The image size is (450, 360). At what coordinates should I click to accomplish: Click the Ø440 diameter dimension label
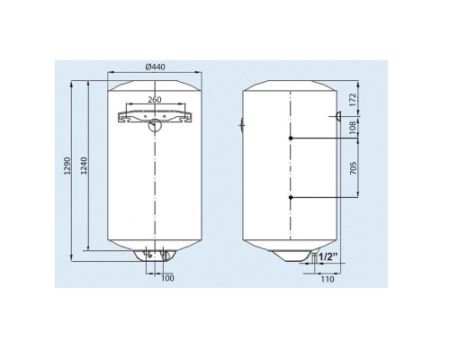155,67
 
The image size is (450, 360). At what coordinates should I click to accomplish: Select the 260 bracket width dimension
155,100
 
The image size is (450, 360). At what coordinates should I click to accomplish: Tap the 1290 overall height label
67,166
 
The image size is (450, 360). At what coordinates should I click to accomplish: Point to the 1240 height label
84,166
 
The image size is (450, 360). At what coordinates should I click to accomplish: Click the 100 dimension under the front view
167,278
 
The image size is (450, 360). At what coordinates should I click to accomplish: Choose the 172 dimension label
353,100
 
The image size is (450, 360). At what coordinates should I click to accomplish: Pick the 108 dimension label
353,127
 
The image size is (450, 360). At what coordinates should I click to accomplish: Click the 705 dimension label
353,168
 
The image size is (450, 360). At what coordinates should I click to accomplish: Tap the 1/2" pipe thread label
328,256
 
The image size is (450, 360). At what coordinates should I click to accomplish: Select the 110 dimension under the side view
328,279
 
